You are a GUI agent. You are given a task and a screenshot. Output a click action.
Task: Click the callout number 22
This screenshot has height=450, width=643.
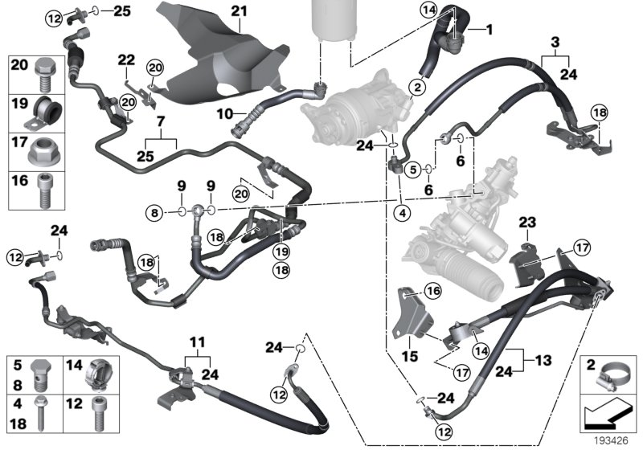[x=125, y=60]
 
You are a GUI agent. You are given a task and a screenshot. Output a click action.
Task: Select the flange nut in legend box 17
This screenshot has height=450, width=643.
[x=43, y=149]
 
